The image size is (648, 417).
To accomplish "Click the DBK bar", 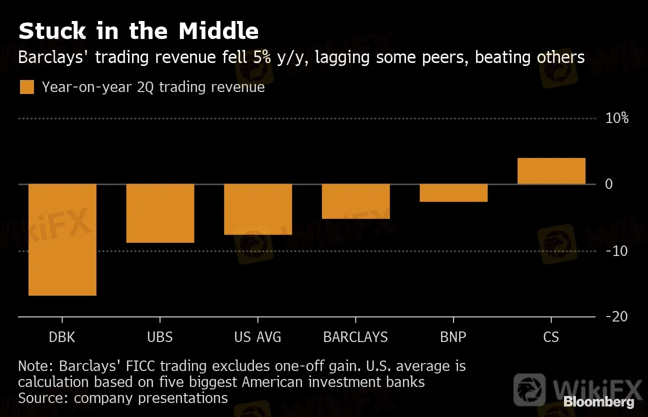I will pos(62,239).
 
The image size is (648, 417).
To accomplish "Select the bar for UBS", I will pos(160,213).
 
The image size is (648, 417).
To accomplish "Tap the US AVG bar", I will pos(257,209).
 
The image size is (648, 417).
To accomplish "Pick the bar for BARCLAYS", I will pos(355,201).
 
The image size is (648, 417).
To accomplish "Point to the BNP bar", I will pos(453,192).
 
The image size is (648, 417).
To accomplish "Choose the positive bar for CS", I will pos(551,171).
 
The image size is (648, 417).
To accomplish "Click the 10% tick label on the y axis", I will pos(616,118).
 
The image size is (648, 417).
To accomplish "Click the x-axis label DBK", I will pos(62,337).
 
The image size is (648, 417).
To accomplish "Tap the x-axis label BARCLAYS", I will pos(355,337).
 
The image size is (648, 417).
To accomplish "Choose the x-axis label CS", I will pos(551,337).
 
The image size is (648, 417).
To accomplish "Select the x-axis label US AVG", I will pos(257,337).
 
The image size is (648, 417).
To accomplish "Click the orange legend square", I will pos(27,87).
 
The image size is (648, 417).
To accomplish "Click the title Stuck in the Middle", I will pos(138,31).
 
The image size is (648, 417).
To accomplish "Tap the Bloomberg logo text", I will pos(599,401).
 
